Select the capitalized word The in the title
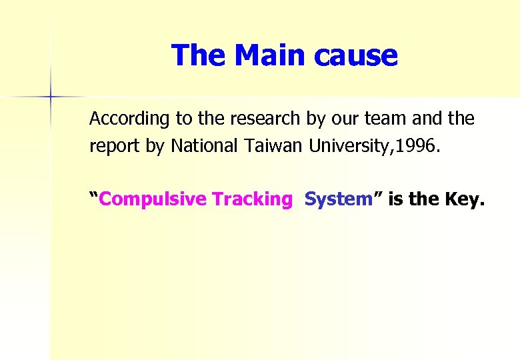click(199, 55)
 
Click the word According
click(130, 119)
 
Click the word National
click(203, 146)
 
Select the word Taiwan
click(274, 146)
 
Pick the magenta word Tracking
click(252, 199)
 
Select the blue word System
click(337, 199)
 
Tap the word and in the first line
click(427, 119)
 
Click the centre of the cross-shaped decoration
click(50, 97)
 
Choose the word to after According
click(183, 119)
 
